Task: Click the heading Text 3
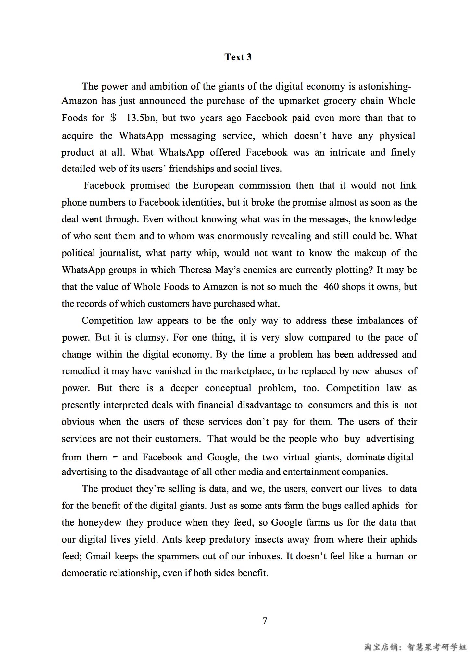tap(238, 57)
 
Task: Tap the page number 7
tap(265, 621)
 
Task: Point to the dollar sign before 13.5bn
tap(113, 118)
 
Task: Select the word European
tap(213, 185)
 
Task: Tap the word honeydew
tap(100, 522)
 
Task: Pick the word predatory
tap(230, 539)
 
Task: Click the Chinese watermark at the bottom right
tap(415, 647)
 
